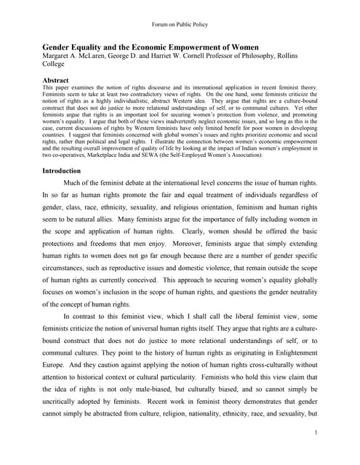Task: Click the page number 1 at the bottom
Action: [x=316, y=433]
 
